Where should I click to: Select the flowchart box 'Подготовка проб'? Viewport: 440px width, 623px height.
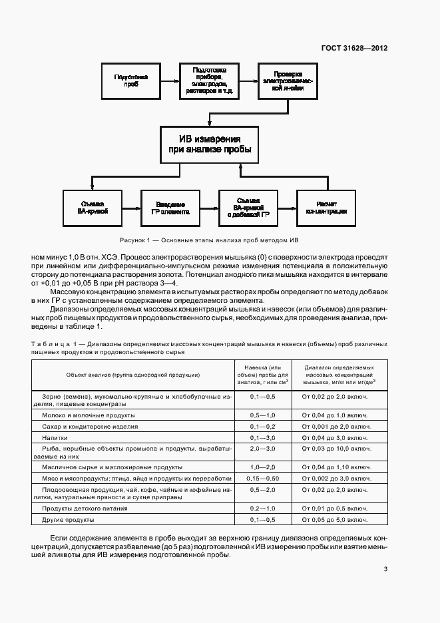(x=131, y=81)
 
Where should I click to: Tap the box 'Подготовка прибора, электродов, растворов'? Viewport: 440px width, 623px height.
(x=210, y=81)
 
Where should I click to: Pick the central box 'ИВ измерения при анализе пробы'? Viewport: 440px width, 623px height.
(x=210, y=144)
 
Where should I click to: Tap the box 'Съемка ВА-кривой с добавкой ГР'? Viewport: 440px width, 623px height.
(x=248, y=207)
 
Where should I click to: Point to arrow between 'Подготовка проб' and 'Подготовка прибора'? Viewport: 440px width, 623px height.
(x=170, y=81)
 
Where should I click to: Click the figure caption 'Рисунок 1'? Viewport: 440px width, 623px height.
(x=210, y=240)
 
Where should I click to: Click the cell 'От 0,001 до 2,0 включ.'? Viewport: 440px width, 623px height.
(x=335, y=426)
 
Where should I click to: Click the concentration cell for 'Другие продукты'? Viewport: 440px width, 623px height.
(x=335, y=519)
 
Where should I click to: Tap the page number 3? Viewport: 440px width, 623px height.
(x=386, y=568)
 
